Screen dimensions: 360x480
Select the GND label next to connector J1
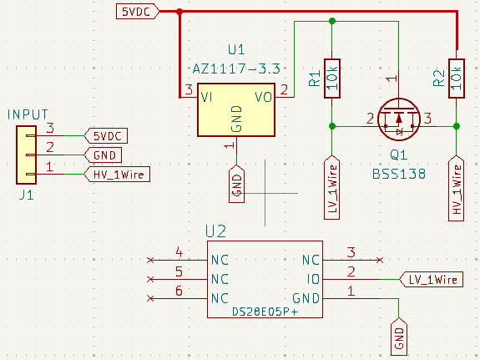click(x=104, y=155)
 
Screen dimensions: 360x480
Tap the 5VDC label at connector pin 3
click(x=107, y=135)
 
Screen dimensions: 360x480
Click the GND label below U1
click(x=236, y=184)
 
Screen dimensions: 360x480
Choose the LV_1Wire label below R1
click(x=332, y=188)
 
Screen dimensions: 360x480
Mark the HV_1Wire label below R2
click(x=457, y=189)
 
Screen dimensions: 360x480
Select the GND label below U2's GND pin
click(x=399, y=336)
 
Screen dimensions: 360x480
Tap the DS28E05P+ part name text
click(x=265, y=311)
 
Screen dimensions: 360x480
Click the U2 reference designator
click(x=216, y=232)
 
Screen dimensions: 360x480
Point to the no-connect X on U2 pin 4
click(x=150, y=259)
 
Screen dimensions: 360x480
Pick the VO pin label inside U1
click(x=263, y=98)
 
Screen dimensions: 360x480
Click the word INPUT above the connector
click(x=28, y=114)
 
